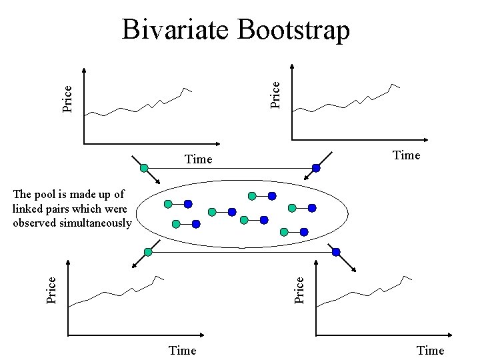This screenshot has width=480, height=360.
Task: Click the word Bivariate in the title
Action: (x=175, y=30)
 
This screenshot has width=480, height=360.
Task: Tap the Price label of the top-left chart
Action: (x=67, y=98)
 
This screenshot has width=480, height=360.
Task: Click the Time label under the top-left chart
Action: (x=198, y=159)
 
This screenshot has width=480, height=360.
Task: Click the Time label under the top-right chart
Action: (x=407, y=155)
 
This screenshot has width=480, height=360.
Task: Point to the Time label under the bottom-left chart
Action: (x=183, y=351)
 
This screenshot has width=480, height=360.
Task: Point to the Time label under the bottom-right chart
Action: (x=430, y=351)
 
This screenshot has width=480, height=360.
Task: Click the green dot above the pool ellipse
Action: (x=145, y=167)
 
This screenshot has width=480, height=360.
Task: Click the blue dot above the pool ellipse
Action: (x=316, y=169)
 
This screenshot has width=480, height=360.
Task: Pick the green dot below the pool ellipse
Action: (x=148, y=252)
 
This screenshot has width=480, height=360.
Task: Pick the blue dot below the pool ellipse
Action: (x=336, y=252)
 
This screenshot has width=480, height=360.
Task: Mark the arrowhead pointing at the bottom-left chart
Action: (x=134, y=265)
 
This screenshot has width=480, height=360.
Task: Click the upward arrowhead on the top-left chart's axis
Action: (x=84, y=71)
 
